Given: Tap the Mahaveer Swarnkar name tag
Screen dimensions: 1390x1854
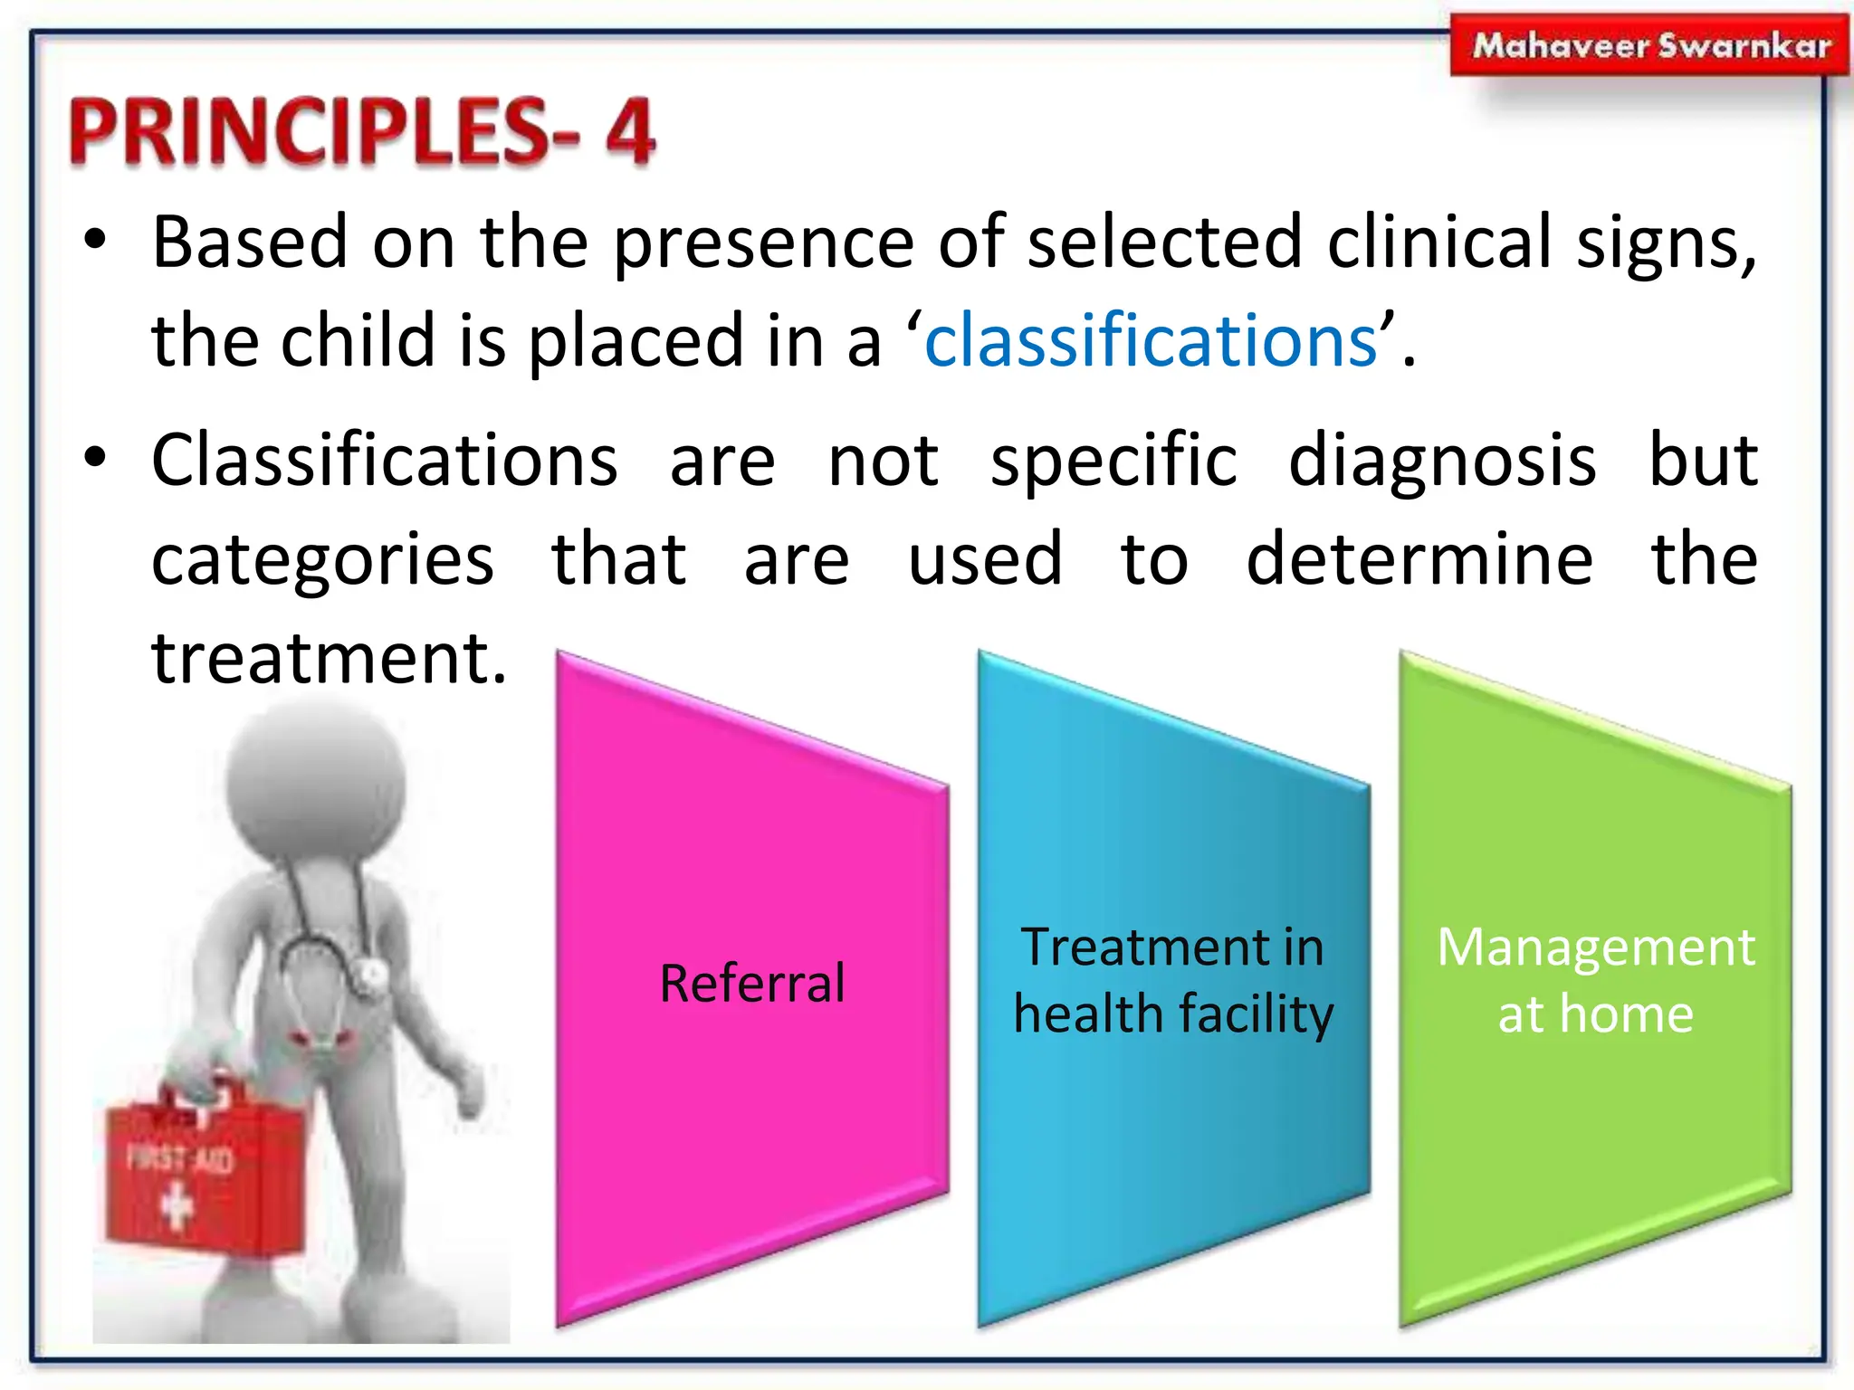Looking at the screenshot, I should [x=1649, y=45].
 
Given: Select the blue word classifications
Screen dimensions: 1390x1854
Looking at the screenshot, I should [x=1151, y=341].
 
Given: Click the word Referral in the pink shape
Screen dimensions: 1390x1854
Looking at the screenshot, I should [x=752, y=984].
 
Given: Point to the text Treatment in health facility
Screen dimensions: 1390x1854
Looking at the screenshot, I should [x=1173, y=980].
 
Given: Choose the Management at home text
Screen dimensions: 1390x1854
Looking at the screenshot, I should [x=1596, y=980].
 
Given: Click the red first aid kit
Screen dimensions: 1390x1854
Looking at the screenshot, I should [x=204, y=1172].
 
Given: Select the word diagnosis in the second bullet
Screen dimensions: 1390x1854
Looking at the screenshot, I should [x=1442, y=462].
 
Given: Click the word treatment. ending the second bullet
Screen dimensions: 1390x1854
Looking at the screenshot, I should [x=330, y=659].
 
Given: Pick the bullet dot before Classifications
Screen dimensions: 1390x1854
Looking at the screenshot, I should [x=95, y=459].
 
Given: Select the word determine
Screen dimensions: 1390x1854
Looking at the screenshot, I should [x=1419, y=559].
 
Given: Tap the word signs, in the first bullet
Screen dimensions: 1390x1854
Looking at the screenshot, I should [x=1666, y=244].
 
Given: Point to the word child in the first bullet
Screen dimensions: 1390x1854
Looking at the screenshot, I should [x=358, y=341].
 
